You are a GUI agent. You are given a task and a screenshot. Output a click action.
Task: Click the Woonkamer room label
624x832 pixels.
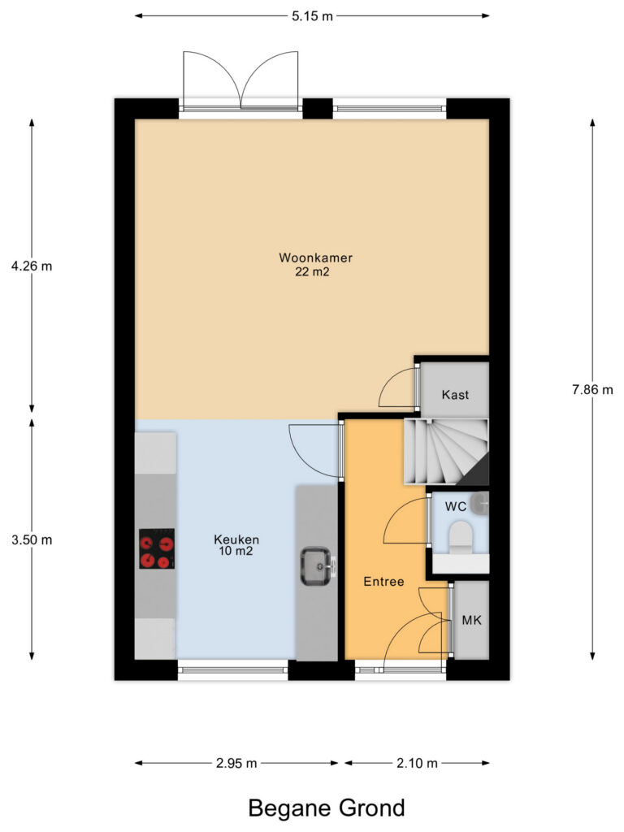coord(316,258)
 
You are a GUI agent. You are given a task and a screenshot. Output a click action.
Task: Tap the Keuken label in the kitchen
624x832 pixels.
coord(236,539)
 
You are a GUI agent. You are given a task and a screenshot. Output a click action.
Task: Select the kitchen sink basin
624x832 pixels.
coord(316,566)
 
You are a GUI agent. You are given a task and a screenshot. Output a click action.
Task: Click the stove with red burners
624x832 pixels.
coord(157,548)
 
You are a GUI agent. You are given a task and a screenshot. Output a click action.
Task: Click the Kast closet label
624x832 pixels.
coord(455,395)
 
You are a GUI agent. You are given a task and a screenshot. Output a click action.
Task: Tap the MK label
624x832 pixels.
coord(472,620)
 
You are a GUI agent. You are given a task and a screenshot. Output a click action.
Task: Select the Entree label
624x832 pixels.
coord(383,582)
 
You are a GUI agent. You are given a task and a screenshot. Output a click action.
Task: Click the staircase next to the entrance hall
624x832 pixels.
coord(446,452)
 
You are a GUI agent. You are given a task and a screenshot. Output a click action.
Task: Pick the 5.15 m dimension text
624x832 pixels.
coord(313,16)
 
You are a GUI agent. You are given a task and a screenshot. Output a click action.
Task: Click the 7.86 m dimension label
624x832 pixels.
coord(592,390)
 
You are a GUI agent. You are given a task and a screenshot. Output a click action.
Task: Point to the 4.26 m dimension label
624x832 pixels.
coord(32,266)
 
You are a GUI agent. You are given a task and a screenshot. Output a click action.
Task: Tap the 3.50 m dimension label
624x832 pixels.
coord(32,540)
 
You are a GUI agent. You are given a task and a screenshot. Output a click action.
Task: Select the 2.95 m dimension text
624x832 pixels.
coord(236,763)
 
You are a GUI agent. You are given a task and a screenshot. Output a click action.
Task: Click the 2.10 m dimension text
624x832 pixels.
coord(417,763)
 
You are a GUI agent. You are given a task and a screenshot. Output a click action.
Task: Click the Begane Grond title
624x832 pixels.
coord(327,808)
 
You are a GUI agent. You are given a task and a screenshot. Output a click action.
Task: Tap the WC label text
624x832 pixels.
coord(455,507)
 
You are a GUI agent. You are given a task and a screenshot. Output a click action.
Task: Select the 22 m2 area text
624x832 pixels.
coord(313,271)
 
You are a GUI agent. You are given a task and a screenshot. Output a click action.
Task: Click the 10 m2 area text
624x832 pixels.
coord(236,552)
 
